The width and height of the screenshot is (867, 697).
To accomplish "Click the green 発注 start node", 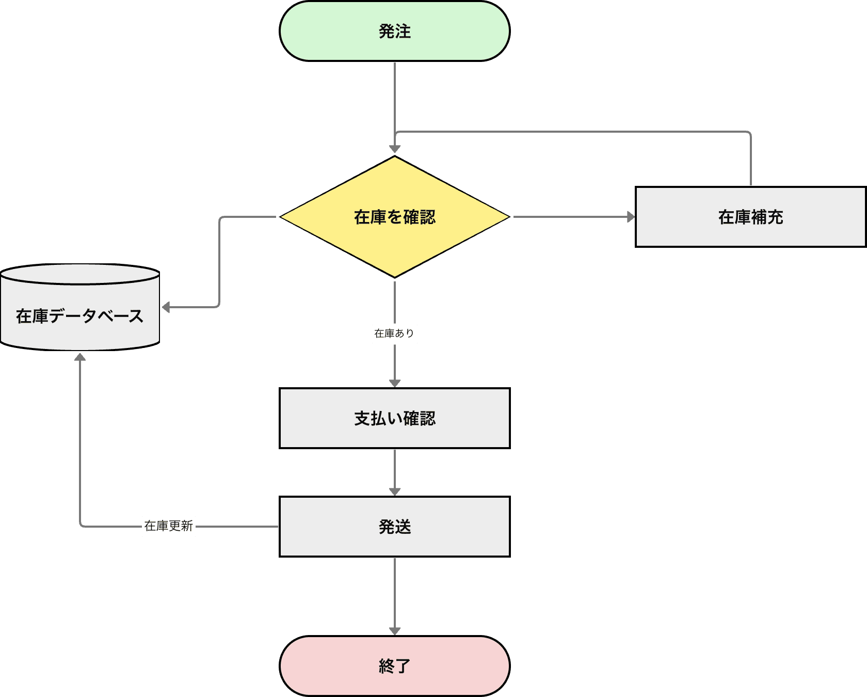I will click(x=330, y=31).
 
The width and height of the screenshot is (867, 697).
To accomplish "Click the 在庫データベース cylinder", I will click(x=80, y=330).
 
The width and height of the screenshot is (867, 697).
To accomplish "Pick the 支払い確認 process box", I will click(x=395, y=434).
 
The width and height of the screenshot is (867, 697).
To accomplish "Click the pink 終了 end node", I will click(x=330, y=666).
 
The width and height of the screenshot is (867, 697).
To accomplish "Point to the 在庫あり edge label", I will click(x=395, y=334).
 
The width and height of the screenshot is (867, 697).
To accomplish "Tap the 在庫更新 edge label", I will click(x=169, y=526).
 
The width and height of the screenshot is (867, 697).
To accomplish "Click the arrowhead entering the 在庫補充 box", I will click(x=631, y=217).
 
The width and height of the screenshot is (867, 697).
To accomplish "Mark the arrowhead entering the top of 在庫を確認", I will click(x=395, y=149).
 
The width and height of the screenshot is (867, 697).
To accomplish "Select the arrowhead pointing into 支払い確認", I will click(x=395, y=383).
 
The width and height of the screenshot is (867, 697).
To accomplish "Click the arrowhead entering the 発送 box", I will click(x=395, y=492).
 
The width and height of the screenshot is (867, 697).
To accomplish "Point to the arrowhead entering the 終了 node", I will click(x=395, y=631).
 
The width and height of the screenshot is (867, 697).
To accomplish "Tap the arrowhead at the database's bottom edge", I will click(x=80, y=357).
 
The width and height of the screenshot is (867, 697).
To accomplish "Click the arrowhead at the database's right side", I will click(x=166, y=308).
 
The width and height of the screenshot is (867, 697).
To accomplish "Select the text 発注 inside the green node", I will click(x=395, y=31).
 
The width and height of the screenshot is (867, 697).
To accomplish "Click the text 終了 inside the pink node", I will click(x=395, y=666).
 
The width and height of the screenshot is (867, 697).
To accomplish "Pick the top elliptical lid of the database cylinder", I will click(x=80, y=274).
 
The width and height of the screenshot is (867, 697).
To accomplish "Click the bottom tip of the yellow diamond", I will click(x=395, y=276).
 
